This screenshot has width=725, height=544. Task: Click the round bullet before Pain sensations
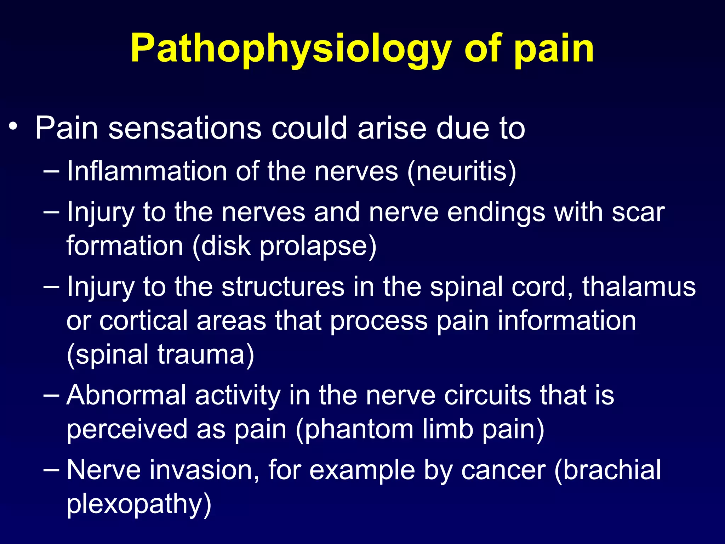pyautogui.click(x=13, y=126)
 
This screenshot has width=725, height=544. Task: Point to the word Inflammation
pyautogui.click(x=147, y=171)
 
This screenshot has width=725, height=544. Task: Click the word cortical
pyautogui.click(x=143, y=321)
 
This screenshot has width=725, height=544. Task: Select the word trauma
pyautogui.click(x=205, y=354)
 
